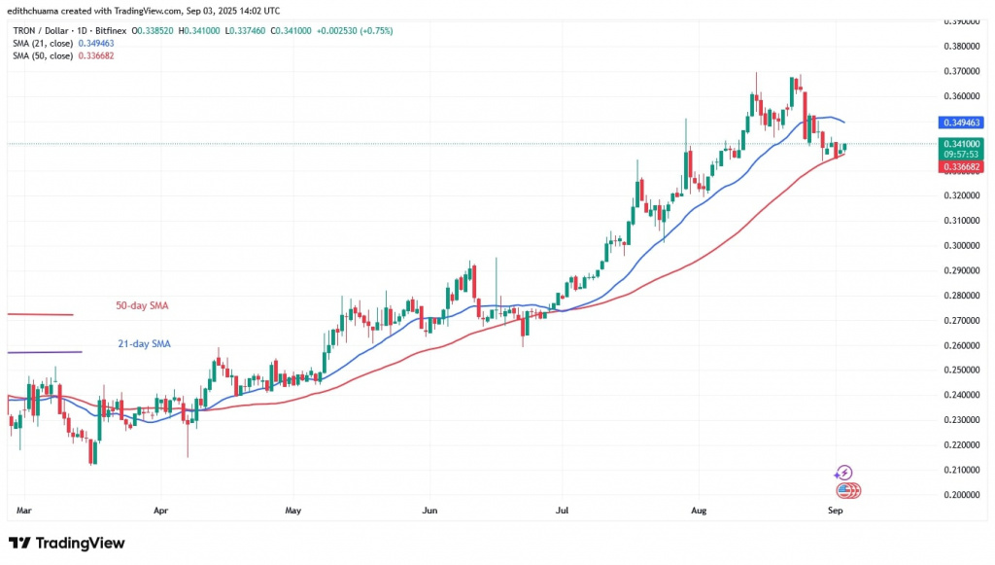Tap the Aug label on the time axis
tap(697, 509)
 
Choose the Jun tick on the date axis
tap(429, 509)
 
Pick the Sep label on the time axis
tap(835, 509)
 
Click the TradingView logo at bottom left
tap(66, 543)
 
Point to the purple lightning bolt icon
tap(843, 473)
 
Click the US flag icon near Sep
tap(845, 490)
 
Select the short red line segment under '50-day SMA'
tap(40, 314)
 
